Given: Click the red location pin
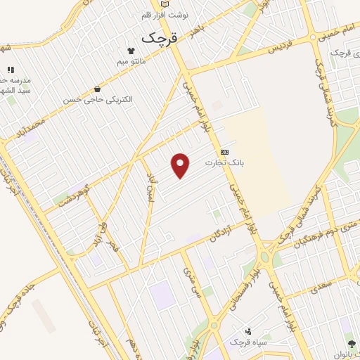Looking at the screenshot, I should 181,165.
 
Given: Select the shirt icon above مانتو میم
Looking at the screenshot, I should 131,51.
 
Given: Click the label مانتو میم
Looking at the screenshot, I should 132,62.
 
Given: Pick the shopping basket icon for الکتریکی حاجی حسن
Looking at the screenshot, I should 97,89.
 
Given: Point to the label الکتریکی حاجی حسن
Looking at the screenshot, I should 98,100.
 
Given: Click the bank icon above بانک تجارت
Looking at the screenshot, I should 224,152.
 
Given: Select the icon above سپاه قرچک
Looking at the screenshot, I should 247,330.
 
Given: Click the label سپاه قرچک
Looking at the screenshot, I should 247,342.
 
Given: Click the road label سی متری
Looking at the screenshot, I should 191,281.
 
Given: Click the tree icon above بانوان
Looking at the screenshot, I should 352,344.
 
